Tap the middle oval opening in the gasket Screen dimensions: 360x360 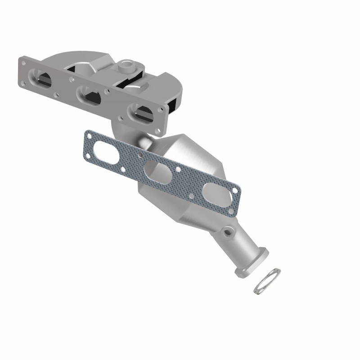click(x=156, y=171)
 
